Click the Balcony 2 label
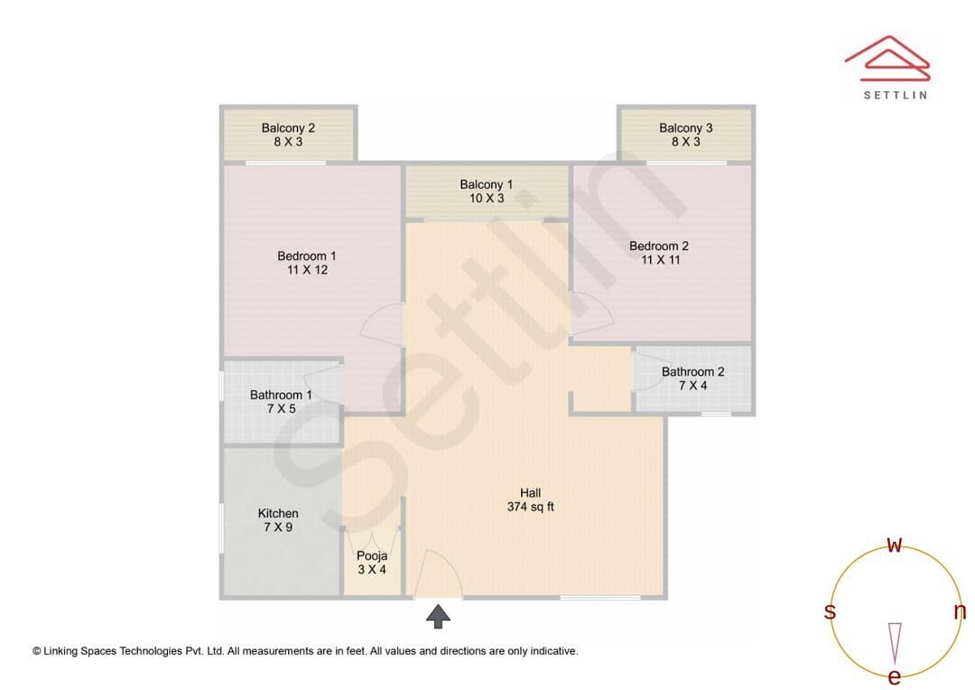[x=288, y=128]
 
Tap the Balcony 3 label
[x=686, y=128]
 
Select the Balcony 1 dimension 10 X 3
[x=487, y=199]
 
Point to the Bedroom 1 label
[x=307, y=256]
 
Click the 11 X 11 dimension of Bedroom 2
[x=660, y=260]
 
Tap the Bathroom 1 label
[x=281, y=395]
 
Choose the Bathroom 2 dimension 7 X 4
[x=692, y=386]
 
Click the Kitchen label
[x=278, y=513]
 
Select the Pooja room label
[x=372, y=555]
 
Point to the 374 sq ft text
[x=531, y=507]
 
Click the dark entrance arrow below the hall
[x=439, y=616]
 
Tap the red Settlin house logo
[x=887, y=59]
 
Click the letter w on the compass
[x=894, y=545]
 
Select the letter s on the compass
[x=830, y=611]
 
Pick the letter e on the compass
[x=894, y=676]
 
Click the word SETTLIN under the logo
[x=896, y=95]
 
